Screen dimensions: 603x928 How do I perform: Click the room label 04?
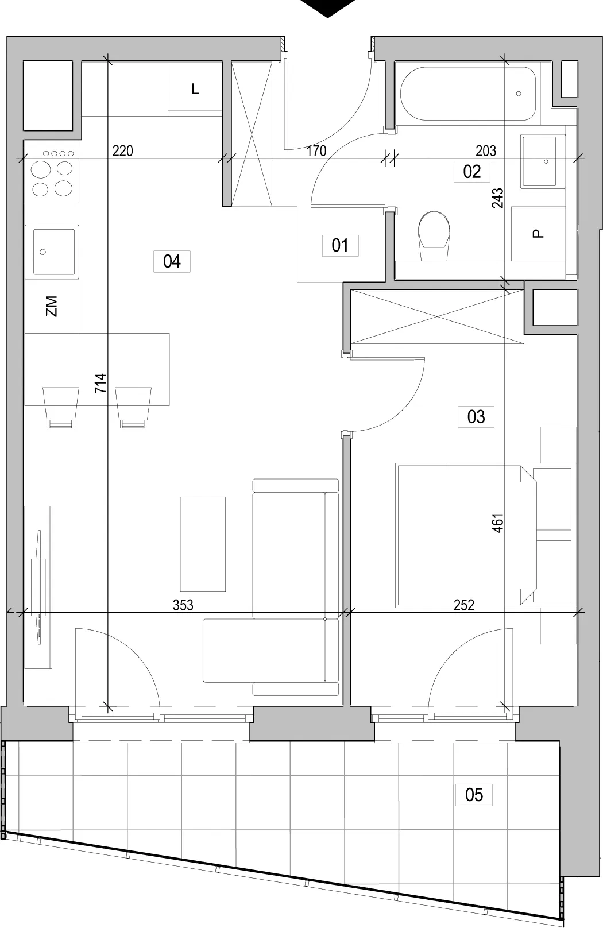click(x=172, y=261)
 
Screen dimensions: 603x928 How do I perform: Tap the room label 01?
click(x=340, y=245)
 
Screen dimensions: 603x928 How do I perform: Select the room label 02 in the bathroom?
click(x=471, y=172)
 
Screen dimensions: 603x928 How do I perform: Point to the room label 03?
click(x=476, y=417)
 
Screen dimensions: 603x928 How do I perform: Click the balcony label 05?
click(x=474, y=795)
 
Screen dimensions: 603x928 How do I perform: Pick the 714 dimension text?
click(x=100, y=383)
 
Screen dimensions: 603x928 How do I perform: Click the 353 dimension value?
click(x=183, y=605)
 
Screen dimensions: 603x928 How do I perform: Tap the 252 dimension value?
click(x=464, y=605)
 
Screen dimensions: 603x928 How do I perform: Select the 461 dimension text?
click(x=497, y=523)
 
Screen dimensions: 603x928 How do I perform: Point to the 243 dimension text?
click(x=497, y=198)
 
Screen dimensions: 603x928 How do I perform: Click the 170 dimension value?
click(x=316, y=151)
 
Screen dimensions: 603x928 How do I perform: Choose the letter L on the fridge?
click(x=195, y=89)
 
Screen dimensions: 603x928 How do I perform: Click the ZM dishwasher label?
click(x=51, y=306)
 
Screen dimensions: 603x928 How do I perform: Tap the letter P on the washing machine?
click(x=538, y=234)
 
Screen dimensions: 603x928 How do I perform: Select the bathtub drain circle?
click(x=519, y=94)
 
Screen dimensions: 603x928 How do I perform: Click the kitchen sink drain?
click(x=42, y=252)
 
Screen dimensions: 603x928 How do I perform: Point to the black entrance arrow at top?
click(x=327, y=8)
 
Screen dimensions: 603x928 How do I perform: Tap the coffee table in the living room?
click(x=203, y=544)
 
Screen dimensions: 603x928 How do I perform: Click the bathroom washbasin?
click(x=539, y=161)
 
